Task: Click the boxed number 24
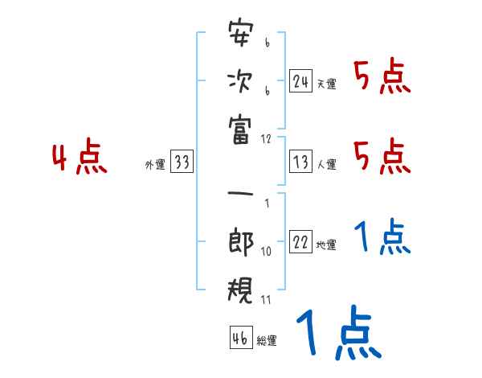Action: click(300, 80)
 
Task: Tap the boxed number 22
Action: click(300, 243)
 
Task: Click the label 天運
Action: click(326, 84)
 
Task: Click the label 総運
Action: click(267, 341)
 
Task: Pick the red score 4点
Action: click(80, 158)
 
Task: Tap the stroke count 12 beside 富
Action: click(266, 138)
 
